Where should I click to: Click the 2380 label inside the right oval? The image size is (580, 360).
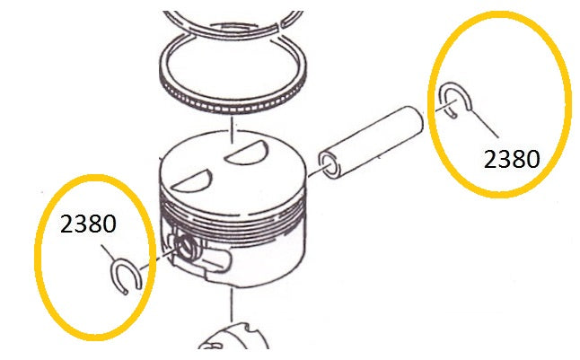tap(512, 159)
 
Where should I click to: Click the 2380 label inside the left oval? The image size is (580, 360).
tap(88, 224)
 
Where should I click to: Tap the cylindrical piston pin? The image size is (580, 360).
tap(371, 142)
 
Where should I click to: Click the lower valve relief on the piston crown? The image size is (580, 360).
tap(193, 181)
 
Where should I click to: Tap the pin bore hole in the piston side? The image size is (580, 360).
tap(186, 246)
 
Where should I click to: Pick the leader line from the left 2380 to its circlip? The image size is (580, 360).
tap(109, 253)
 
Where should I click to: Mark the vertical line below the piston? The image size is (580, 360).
tap(232, 304)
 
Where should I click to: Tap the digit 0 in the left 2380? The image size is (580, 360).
tap(110, 224)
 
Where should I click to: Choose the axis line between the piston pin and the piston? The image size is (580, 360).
tap(315, 172)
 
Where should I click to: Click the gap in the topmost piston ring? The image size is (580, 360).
tap(279, 25)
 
